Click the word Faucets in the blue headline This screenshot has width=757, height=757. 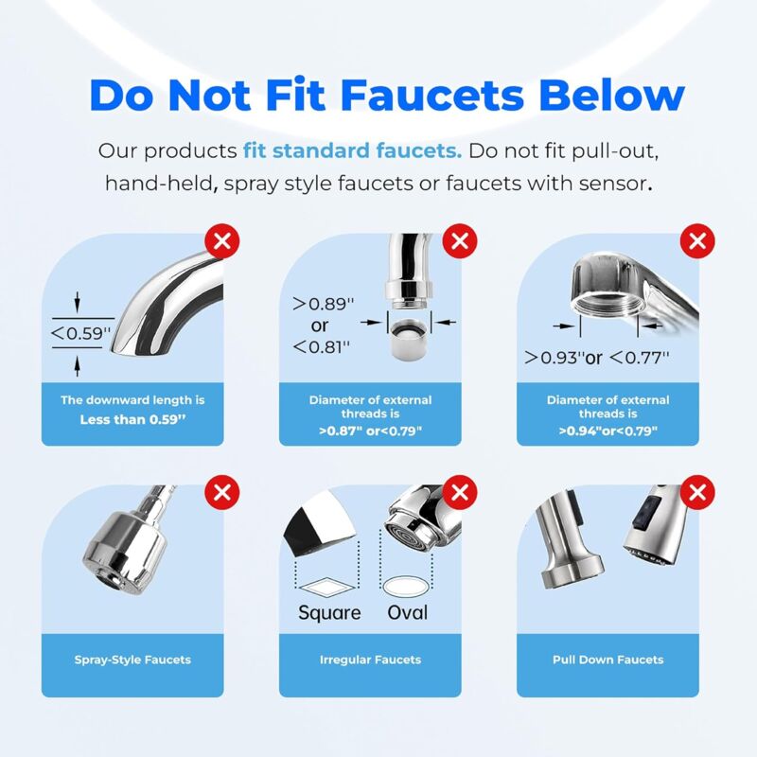[x=432, y=95]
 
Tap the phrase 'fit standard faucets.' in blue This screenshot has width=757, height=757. [x=352, y=150]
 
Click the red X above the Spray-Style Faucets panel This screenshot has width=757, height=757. [x=222, y=492]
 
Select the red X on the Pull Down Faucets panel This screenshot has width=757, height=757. [x=697, y=492]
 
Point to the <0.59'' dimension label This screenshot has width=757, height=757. [x=81, y=333]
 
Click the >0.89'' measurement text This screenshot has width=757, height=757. [x=323, y=304]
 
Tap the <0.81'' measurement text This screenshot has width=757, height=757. [x=321, y=346]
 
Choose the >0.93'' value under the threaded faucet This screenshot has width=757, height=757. [x=555, y=358]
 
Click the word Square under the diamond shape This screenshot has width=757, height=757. [x=329, y=613]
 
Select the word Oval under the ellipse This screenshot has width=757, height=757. [x=407, y=612]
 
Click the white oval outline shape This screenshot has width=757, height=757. [x=406, y=586]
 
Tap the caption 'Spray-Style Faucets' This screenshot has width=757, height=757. [x=132, y=660]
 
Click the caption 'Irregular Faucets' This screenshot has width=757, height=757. [x=370, y=660]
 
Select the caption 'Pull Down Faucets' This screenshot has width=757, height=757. [x=607, y=660]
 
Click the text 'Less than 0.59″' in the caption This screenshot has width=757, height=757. [x=132, y=419]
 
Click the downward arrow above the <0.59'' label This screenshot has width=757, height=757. [x=77, y=303]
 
